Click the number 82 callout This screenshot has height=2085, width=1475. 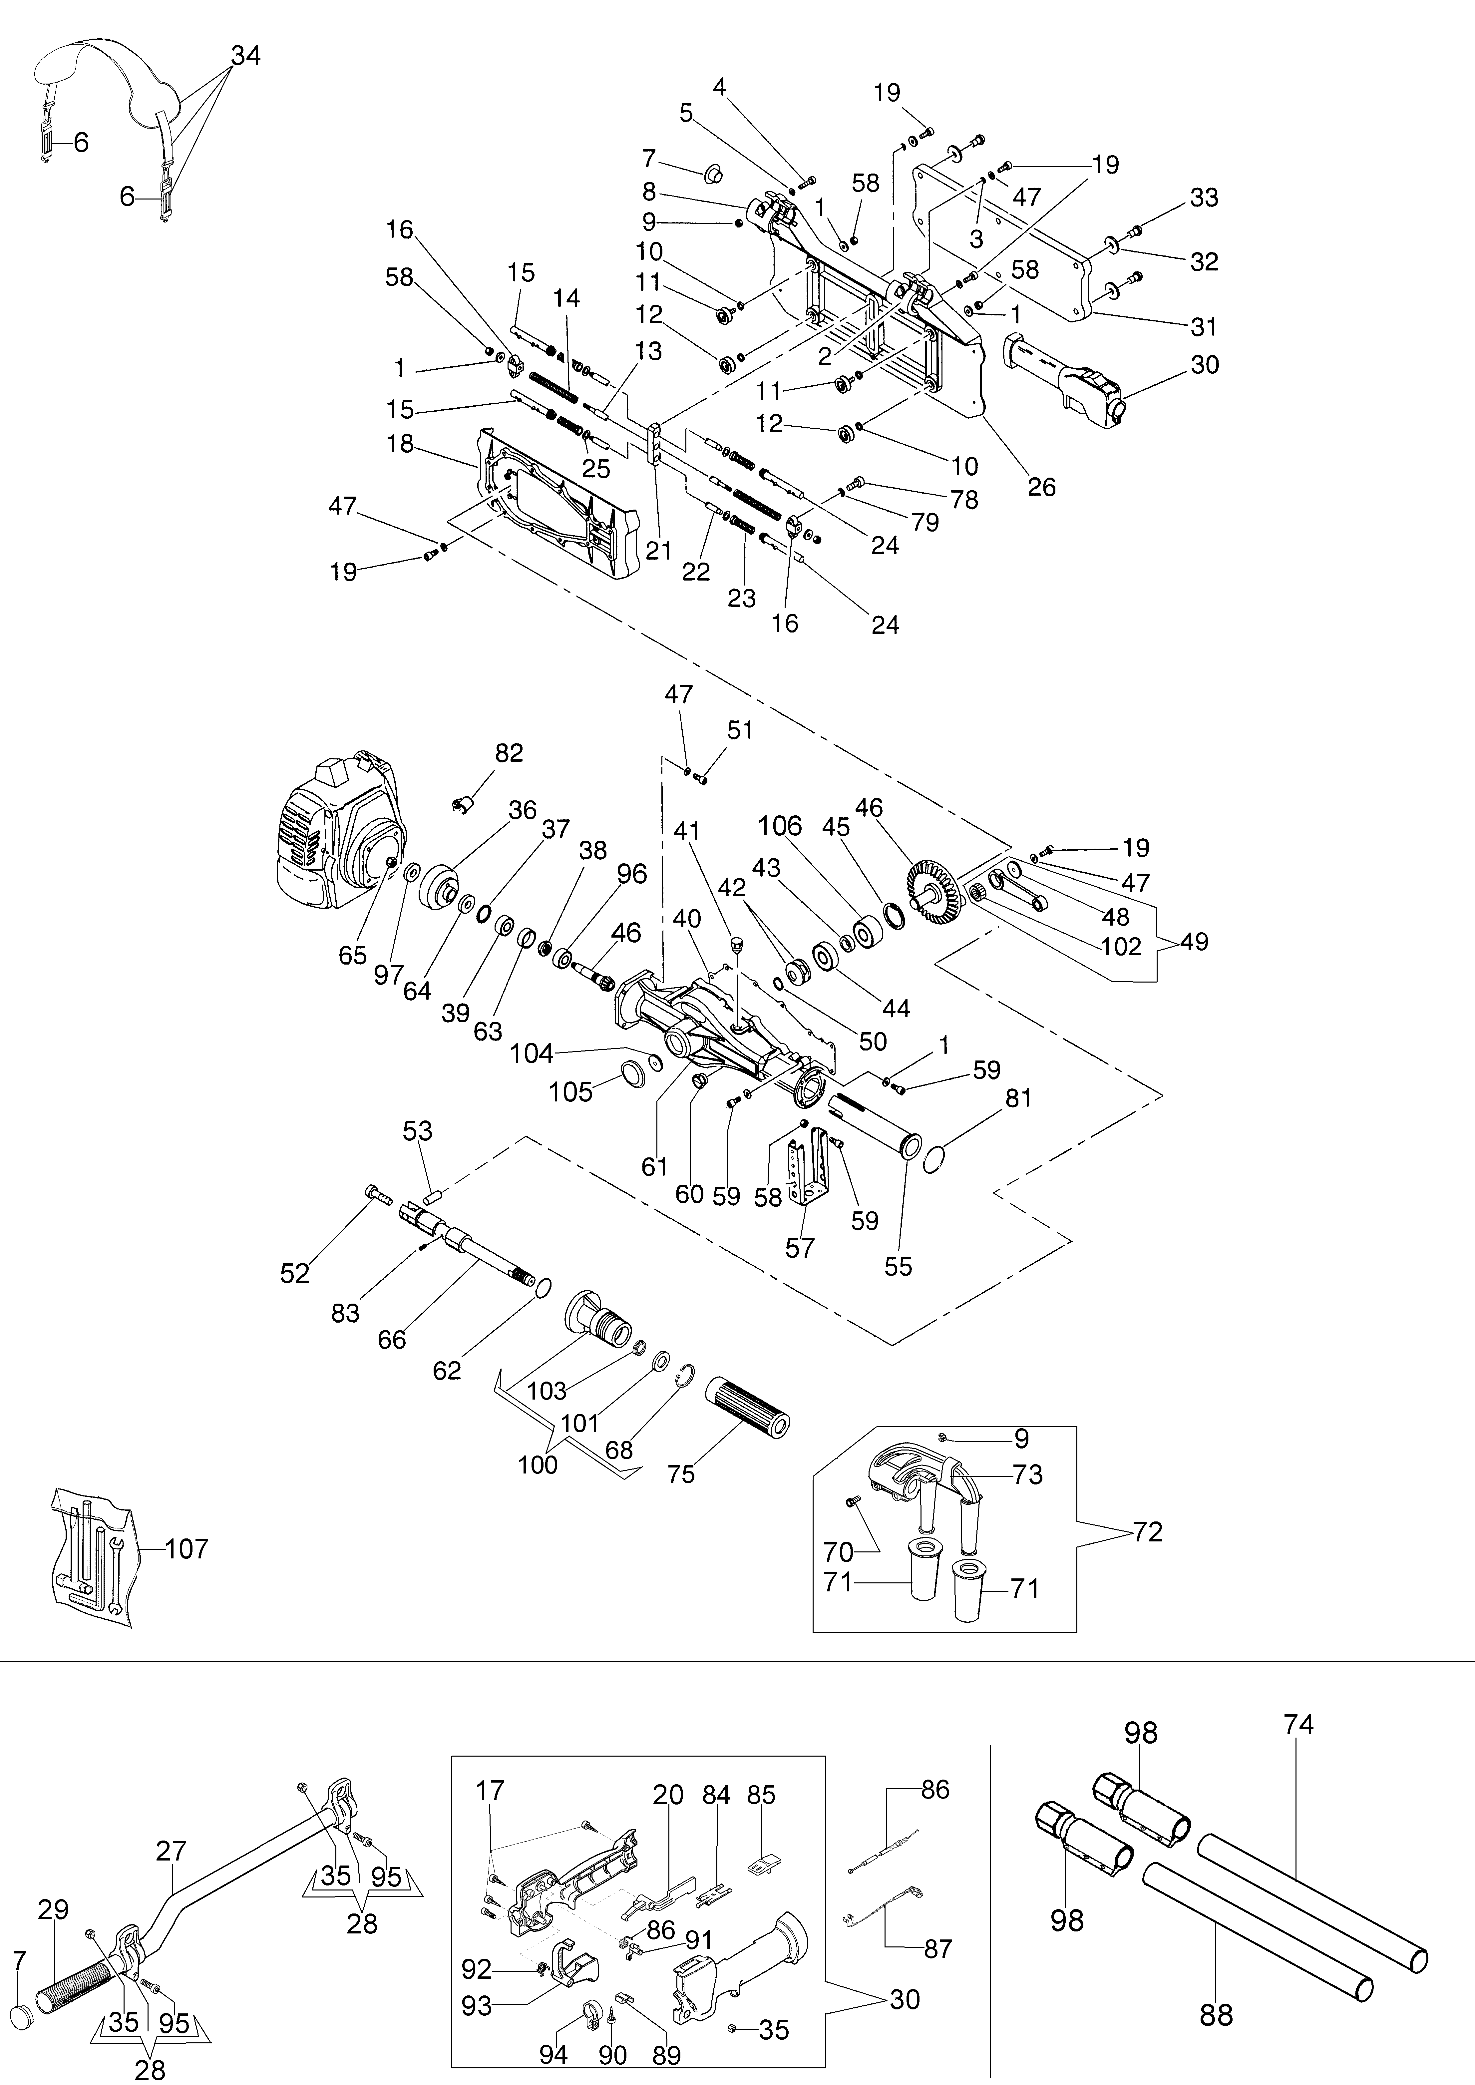(510, 753)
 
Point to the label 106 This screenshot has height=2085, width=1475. (780, 825)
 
